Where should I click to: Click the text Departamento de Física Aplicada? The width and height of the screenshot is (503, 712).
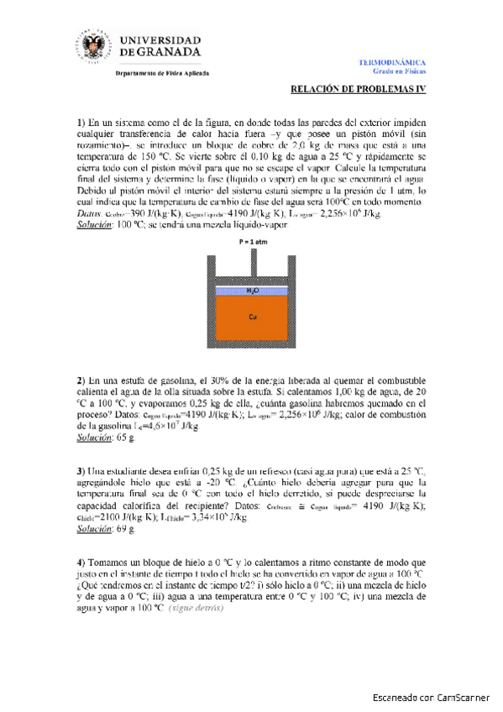coord(161,73)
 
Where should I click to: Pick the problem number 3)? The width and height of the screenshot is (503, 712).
coord(82,470)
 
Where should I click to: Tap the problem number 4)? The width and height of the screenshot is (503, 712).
coord(82,561)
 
